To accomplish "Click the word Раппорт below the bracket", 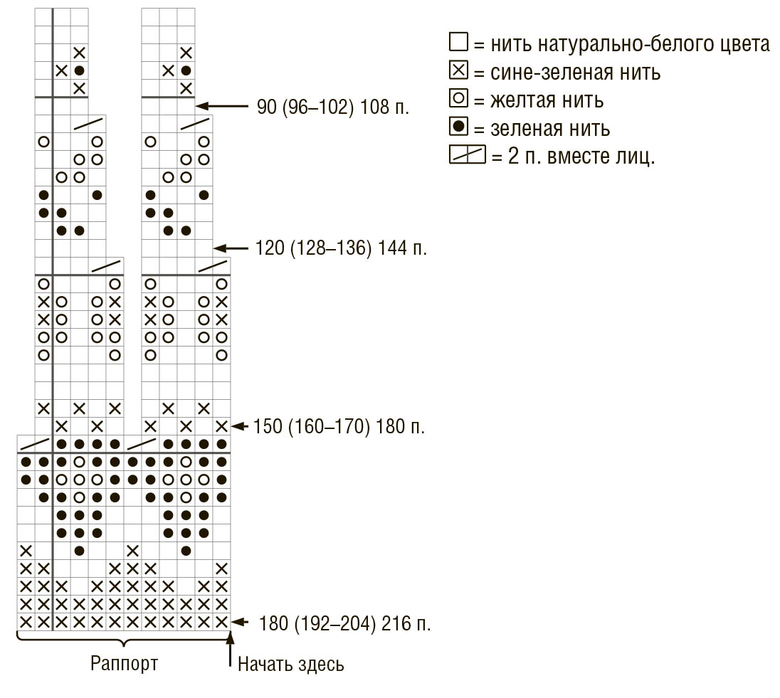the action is pos(124,664).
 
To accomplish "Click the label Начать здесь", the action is pos(291,664).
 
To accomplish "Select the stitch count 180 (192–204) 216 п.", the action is pos(344,623).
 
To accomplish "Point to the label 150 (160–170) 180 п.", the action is pos(339,427).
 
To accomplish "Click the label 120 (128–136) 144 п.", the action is pos(341,248).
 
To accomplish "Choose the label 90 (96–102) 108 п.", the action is pos(333,107).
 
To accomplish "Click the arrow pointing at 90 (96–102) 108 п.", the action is pos(222,106).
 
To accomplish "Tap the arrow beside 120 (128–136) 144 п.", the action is pos(231,248).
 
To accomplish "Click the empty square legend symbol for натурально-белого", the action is pos(458,42).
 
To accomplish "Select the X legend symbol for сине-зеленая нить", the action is pos(458,70).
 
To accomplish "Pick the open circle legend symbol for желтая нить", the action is pos(458,97).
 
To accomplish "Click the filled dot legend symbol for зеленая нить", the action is pos(458,126).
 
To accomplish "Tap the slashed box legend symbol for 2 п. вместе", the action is pos(467,154).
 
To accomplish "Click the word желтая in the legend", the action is pos(522,100).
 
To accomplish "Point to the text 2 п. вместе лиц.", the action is pos(581,157).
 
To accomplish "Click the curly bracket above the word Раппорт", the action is pos(124,638).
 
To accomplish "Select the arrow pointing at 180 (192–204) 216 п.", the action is pos(239,622).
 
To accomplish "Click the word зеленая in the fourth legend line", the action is pos(522,129).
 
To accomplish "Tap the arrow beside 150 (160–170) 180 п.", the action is pos(239,426).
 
